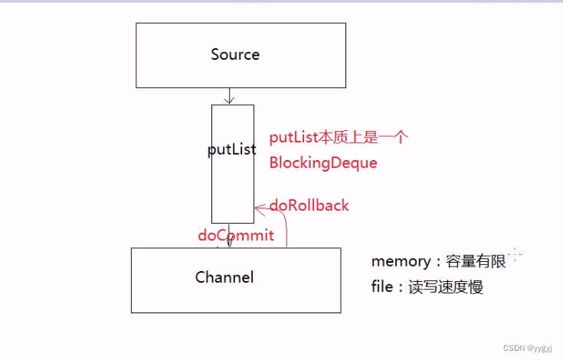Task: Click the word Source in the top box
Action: [x=235, y=54]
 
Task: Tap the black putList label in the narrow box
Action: [x=231, y=149]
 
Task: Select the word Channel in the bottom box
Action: [x=224, y=277]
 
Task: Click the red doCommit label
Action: [x=236, y=235]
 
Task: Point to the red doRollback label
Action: [x=309, y=205]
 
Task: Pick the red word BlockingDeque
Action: [x=322, y=163]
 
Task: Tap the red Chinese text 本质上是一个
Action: [x=362, y=138]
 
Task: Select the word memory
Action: [x=401, y=261]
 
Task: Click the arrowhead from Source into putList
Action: [x=229, y=100]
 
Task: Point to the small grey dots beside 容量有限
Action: [x=516, y=255]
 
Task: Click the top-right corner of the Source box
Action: [x=345, y=23]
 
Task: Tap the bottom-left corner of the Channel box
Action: [x=131, y=313]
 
